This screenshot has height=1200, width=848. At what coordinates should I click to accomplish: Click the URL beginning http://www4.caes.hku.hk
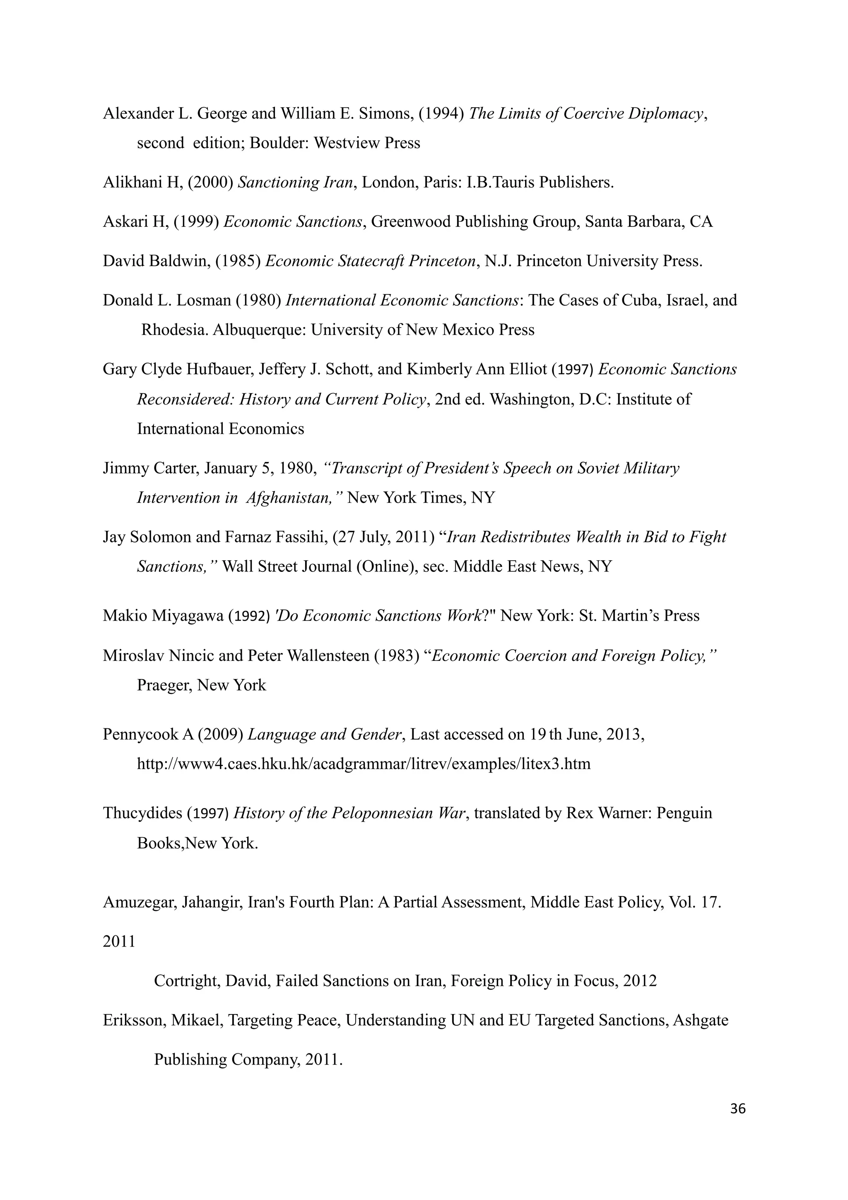click(364, 764)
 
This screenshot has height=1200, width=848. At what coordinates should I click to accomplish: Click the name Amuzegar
click(138, 903)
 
